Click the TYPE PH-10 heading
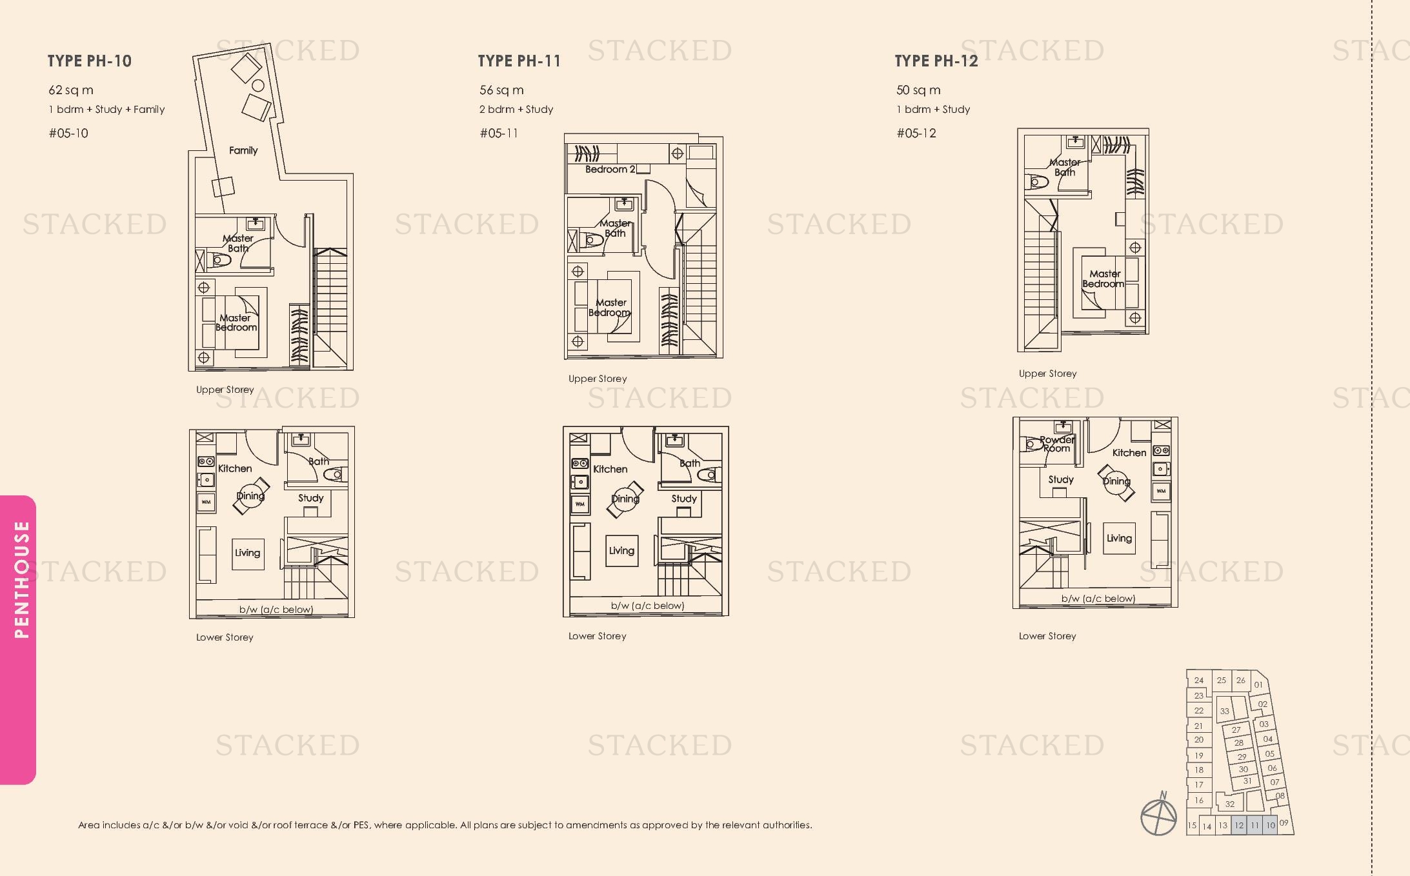point(90,61)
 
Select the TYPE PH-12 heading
point(936,61)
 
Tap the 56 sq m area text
point(501,90)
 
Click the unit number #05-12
point(916,134)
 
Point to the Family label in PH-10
point(243,150)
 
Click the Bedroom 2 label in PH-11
point(610,169)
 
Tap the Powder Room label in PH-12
point(1056,444)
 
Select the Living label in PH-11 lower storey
point(621,550)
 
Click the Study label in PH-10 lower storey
point(310,498)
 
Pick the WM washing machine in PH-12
point(1161,491)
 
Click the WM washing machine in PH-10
point(206,502)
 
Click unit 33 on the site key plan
point(1224,712)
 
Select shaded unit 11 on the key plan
point(1254,825)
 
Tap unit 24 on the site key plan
point(1198,680)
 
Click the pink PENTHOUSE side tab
point(17,640)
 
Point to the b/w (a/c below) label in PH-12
point(1098,599)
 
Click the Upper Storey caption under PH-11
point(598,379)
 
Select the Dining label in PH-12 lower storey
point(1116,481)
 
